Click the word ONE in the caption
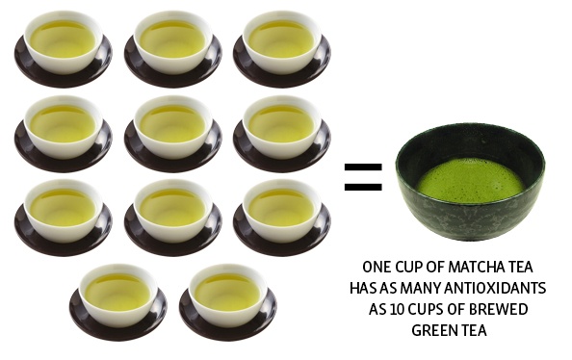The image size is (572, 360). point(376,267)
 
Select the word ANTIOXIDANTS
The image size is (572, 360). point(495,288)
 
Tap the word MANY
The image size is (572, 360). point(421,288)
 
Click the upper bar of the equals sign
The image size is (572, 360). point(363,167)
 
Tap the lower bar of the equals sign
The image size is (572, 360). point(363,187)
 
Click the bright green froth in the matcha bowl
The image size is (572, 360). point(471,182)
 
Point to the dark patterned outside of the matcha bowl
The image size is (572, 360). point(471,219)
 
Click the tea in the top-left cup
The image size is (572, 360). point(63,39)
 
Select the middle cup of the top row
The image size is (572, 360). point(173,47)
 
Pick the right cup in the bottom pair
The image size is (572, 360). point(227,302)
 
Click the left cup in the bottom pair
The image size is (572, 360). point(118,302)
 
